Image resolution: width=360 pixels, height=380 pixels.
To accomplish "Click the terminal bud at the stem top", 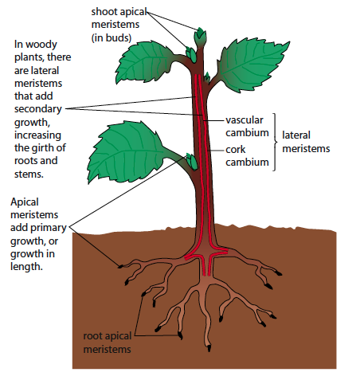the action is (x=200, y=37).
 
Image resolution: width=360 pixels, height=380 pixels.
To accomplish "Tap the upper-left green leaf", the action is (x=145, y=62).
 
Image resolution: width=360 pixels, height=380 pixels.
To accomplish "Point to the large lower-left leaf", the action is (x=127, y=152).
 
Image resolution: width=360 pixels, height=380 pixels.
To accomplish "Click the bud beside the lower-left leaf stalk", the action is (x=192, y=162).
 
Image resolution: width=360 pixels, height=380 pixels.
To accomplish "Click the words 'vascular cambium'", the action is (x=247, y=126).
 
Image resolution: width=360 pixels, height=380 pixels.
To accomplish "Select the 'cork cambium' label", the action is (x=247, y=155).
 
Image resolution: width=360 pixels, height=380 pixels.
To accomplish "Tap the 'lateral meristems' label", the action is (x=306, y=142).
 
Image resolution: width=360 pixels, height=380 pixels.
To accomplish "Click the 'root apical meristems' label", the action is (x=108, y=343).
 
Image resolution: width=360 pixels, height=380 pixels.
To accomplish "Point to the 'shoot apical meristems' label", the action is (x=119, y=18).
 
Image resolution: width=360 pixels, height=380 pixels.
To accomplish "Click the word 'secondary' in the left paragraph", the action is (x=38, y=109).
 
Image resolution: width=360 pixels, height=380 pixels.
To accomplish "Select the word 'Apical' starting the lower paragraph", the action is (x=25, y=202).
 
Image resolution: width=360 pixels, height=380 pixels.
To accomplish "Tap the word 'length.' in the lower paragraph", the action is (x=26, y=266).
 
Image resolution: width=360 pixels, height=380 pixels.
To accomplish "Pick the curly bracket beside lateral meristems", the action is (x=275, y=142).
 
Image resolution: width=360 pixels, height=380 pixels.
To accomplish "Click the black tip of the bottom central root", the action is (x=209, y=347).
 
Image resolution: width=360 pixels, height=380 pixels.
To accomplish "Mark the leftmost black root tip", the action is (x=120, y=266).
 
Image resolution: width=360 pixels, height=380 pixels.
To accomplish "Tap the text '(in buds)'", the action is (x=112, y=37).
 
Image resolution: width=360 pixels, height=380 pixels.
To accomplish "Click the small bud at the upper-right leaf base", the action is (x=207, y=77).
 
